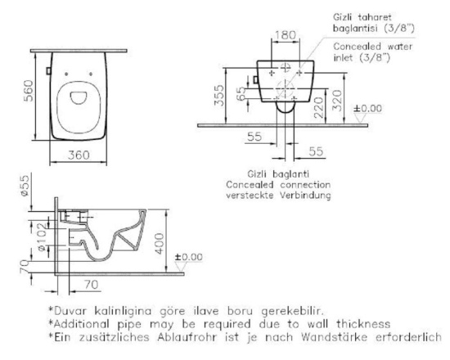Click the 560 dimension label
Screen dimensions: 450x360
[x=29, y=91]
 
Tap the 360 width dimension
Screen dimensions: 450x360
[x=79, y=155]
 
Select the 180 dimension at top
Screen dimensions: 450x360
[x=286, y=35]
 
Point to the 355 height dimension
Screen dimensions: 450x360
[x=219, y=95]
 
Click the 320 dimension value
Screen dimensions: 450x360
[x=337, y=101]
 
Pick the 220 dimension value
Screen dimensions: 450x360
[x=318, y=108]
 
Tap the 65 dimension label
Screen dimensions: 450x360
[x=241, y=93]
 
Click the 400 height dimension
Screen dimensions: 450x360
[x=159, y=244]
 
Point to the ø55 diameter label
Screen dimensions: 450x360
[x=25, y=186]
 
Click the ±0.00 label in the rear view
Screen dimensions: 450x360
[x=367, y=109]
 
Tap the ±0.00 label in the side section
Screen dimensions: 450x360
[x=188, y=257]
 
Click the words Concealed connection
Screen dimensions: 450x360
[x=278, y=185]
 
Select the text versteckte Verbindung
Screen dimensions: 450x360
[x=278, y=196]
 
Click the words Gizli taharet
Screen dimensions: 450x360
[x=362, y=17]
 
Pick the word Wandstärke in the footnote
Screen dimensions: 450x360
[x=334, y=337]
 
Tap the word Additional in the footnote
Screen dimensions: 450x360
[x=81, y=324]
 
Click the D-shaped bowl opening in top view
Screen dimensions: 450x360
[x=79, y=97]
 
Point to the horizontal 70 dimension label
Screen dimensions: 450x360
[x=92, y=285]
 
